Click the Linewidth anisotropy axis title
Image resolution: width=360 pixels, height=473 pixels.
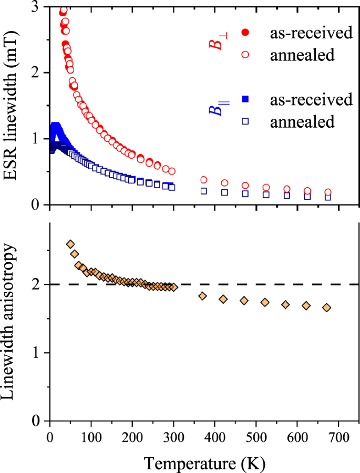click(12, 322)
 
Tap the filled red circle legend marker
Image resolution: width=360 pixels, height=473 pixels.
click(245, 33)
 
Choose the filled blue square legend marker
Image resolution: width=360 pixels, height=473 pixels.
click(245, 99)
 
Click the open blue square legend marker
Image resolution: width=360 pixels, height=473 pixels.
click(245, 121)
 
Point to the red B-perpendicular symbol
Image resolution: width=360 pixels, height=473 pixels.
click(217, 42)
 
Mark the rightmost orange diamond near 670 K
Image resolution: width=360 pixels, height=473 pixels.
click(326, 307)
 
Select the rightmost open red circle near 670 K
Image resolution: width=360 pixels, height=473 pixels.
click(327, 192)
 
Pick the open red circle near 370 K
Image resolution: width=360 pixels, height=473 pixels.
click(203, 180)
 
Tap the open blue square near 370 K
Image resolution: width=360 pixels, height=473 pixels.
click(203, 191)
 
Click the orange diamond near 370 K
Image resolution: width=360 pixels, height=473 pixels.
click(202, 296)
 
